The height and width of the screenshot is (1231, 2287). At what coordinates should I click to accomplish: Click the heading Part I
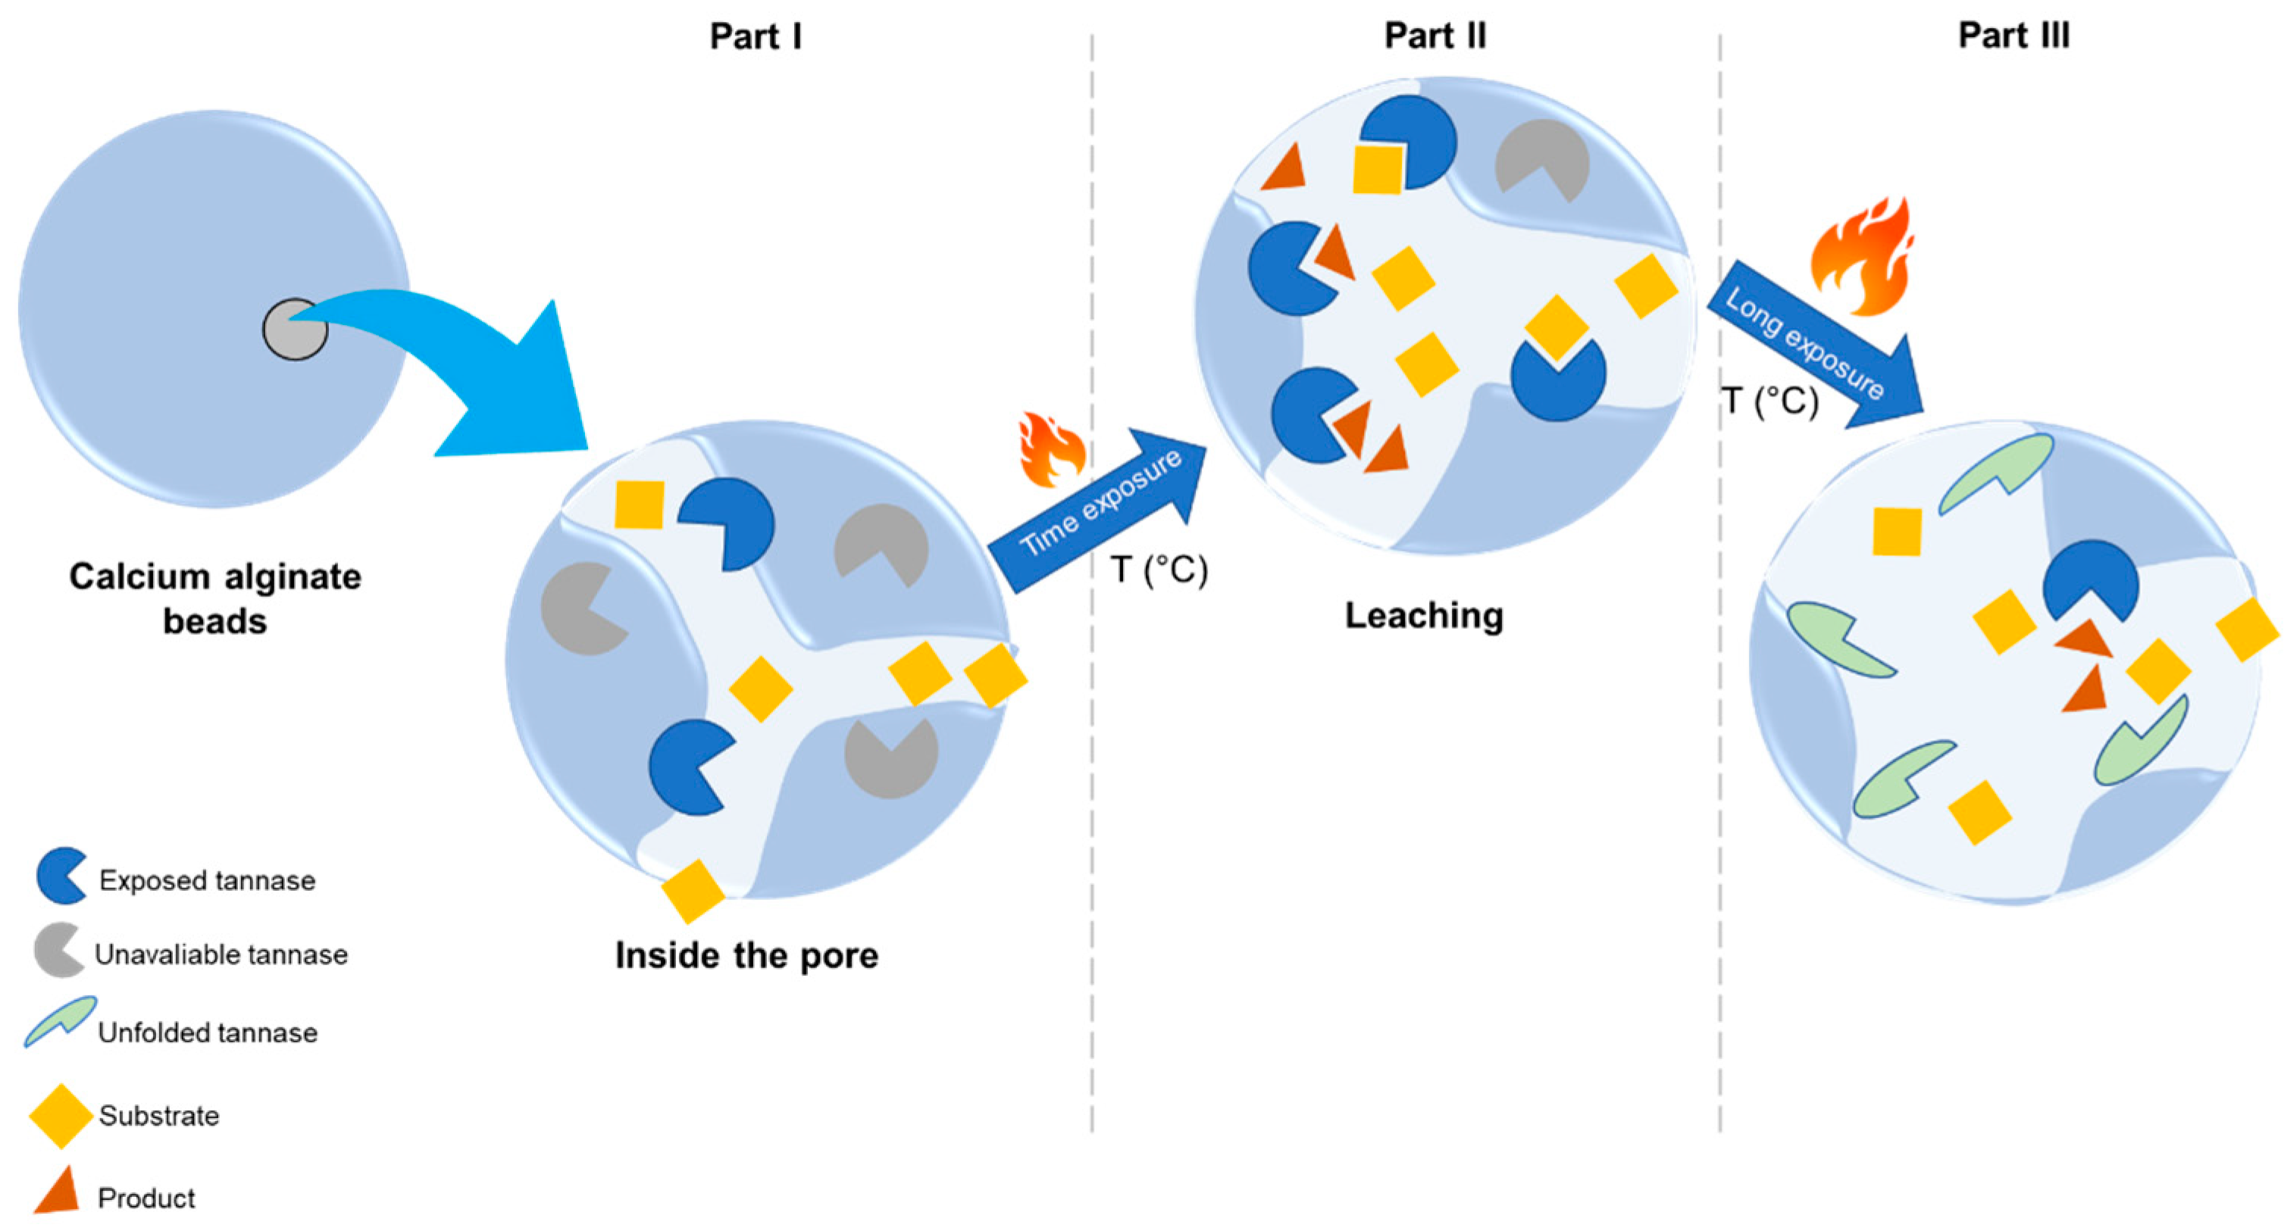756,36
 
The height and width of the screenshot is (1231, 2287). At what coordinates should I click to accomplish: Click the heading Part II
1434,36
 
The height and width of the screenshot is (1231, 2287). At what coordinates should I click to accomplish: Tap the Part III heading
2013,36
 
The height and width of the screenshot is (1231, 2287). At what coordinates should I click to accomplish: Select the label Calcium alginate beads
215,598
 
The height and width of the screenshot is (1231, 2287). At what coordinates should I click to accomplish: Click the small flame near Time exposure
1052,450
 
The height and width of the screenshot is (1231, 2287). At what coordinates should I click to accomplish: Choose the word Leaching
1424,615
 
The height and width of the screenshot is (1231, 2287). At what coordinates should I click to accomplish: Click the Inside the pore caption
746,955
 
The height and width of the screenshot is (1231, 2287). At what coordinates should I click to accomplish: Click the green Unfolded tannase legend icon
61,1020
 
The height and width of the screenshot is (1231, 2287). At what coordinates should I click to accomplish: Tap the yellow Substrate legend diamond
61,1116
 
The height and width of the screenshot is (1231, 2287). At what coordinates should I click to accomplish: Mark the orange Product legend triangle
58,1192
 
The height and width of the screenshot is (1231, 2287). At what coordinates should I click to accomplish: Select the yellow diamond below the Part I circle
693,890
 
